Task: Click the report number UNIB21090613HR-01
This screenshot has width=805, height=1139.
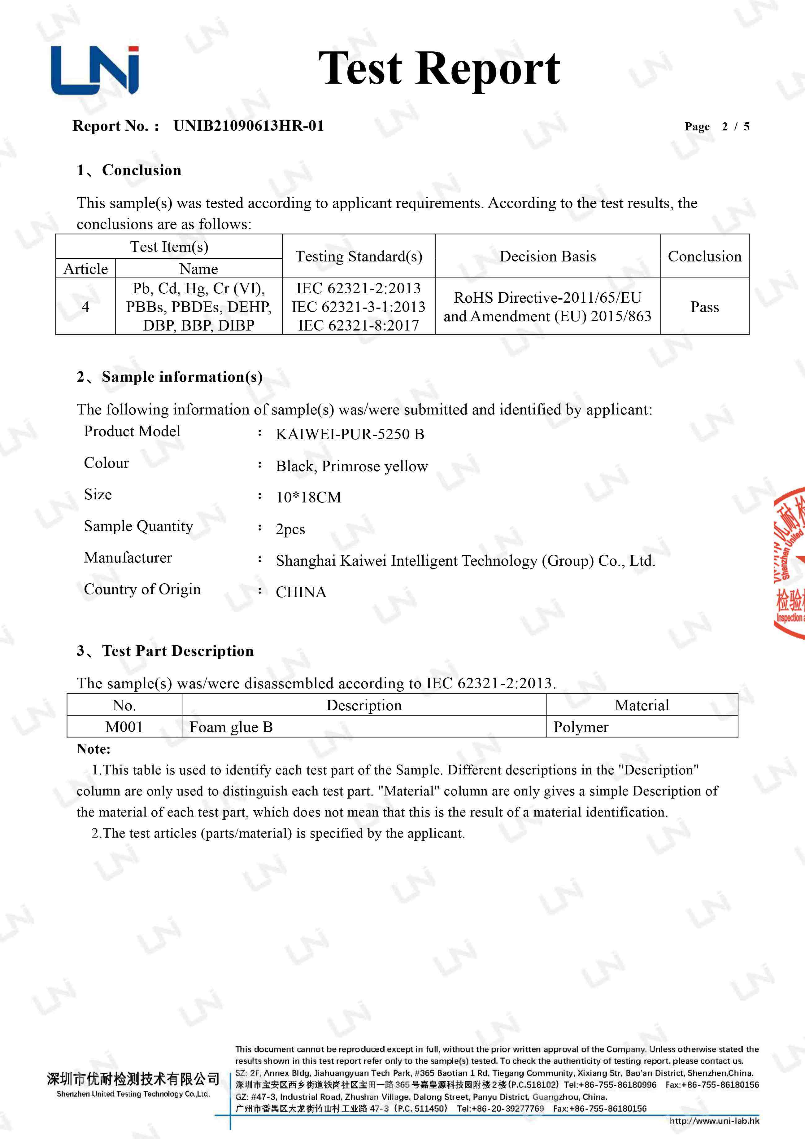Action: [x=249, y=126]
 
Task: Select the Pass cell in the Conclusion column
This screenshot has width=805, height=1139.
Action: [x=704, y=307]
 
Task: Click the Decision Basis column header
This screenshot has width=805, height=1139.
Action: [x=548, y=256]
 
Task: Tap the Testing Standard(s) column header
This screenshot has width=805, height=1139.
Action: [x=359, y=256]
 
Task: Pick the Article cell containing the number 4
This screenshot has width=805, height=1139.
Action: [x=85, y=307]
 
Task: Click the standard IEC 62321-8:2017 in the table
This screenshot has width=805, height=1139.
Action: [x=359, y=326]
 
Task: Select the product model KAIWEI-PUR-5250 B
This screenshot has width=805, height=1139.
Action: [x=350, y=434]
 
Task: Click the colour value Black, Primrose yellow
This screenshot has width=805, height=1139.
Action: [x=352, y=466]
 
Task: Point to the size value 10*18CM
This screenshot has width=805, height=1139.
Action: [x=308, y=497]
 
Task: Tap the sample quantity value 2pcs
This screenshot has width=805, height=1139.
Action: [x=290, y=529]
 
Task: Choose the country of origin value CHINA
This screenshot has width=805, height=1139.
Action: [x=301, y=592]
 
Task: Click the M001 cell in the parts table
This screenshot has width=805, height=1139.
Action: [x=124, y=727]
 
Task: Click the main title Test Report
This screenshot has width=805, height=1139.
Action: [x=439, y=68]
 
